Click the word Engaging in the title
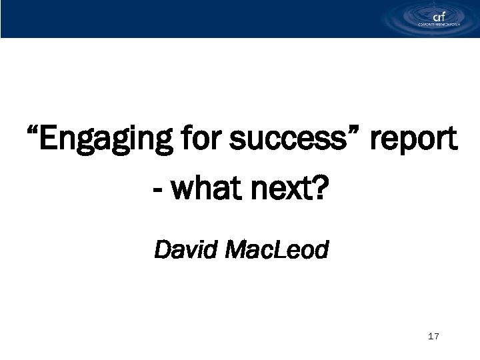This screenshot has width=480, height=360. pos(103,142)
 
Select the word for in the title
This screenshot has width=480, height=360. pos(202,141)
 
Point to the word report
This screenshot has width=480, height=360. pos(413,142)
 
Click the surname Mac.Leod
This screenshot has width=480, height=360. pos(276,251)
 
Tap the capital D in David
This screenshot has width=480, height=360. pos(161,251)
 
